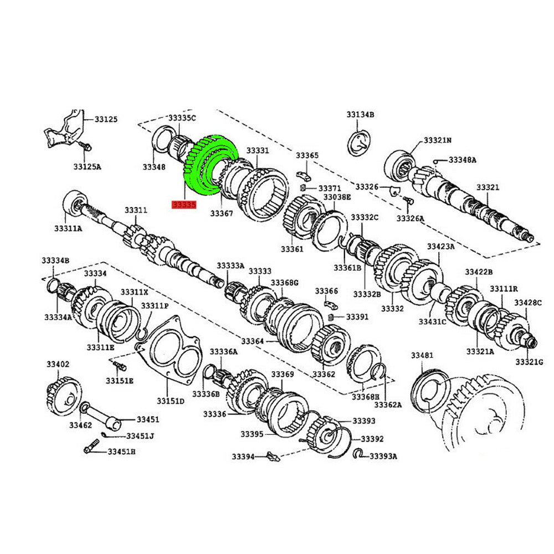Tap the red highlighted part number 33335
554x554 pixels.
(x=184, y=205)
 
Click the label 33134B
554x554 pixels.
(x=361, y=115)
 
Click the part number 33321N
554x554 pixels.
(x=438, y=141)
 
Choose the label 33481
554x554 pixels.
(x=422, y=355)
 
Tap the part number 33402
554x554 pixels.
(x=58, y=364)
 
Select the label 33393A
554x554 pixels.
(x=383, y=456)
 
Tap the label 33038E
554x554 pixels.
(x=337, y=197)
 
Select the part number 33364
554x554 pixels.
(x=252, y=341)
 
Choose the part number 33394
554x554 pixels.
(x=243, y=457)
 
